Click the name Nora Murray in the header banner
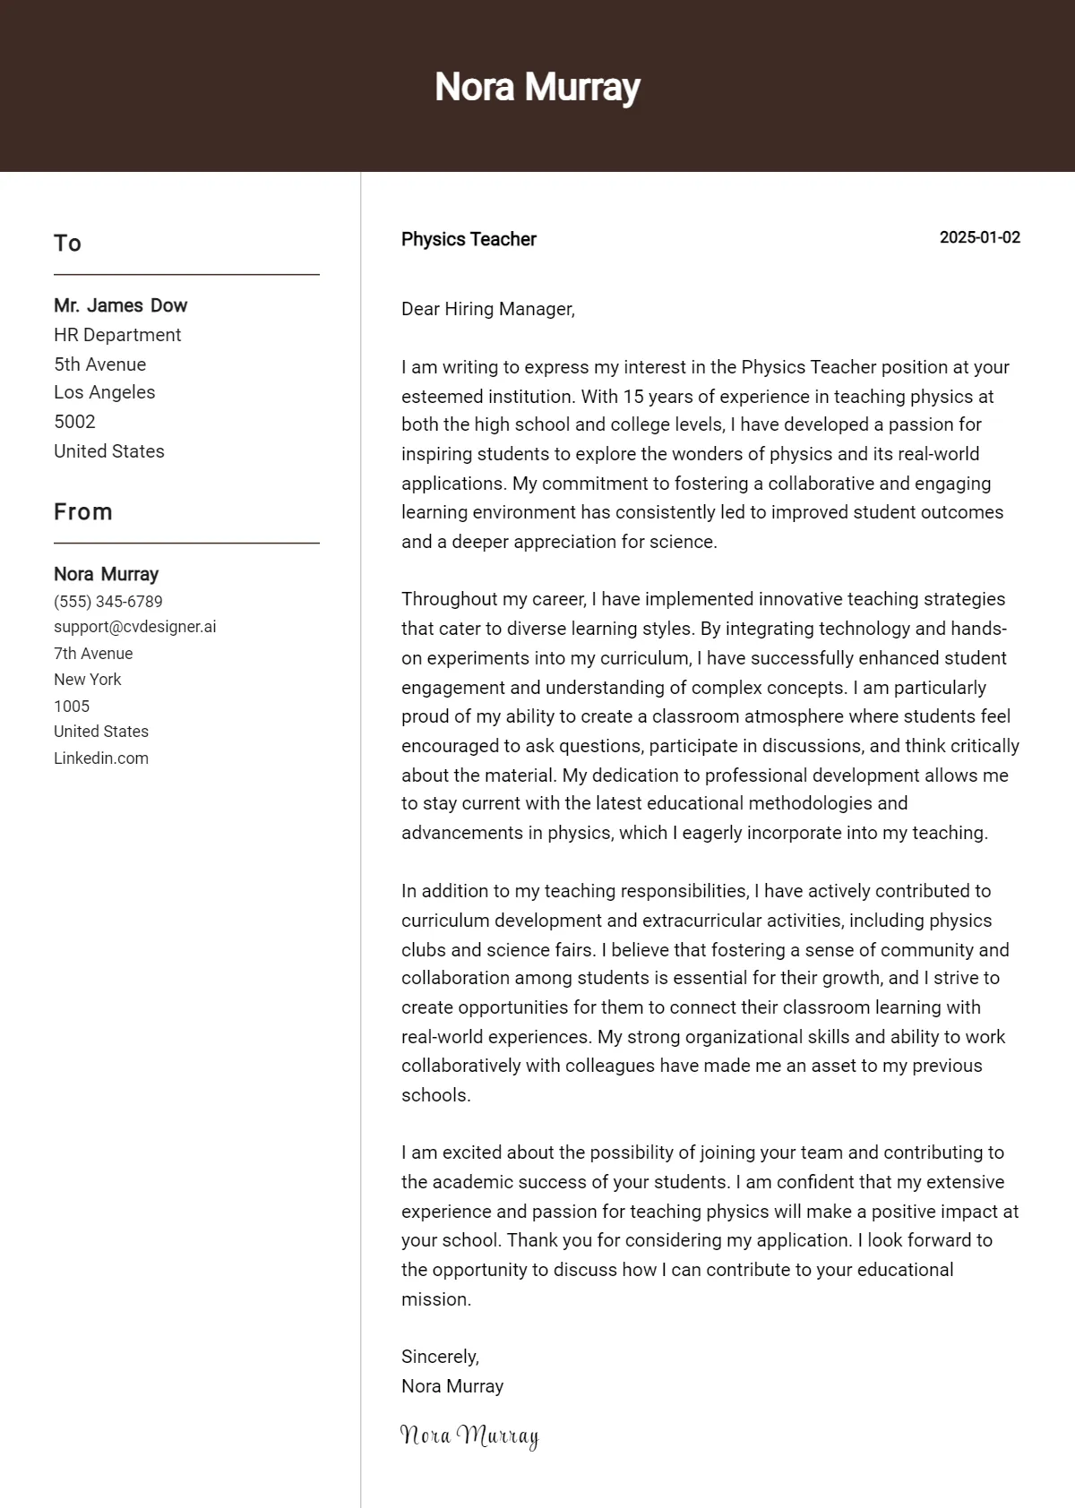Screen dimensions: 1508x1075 (x=537, y=87)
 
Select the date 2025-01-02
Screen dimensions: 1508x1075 (x=979, y=237)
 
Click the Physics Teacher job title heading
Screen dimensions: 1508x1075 (x=469, y=239)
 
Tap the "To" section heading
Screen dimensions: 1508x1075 (x=67, y=244)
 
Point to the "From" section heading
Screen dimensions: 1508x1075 (x=83, y=512)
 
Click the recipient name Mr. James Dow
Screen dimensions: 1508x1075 (x=120, y=305)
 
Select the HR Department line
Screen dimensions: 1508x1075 (x=117, y=335)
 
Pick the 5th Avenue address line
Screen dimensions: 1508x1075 (x=99, y=364)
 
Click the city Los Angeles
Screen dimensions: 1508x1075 (x=104, y=392)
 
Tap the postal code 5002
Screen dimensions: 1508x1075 (x=74, y=422)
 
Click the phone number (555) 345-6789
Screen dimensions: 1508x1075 (x=108, y=602)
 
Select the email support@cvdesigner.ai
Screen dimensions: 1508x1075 (x=134, y=627)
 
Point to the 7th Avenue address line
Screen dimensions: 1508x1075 (x=93, y=654)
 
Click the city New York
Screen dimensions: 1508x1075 (x=87, y=680)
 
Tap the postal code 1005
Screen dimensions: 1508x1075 (x=72, y=706)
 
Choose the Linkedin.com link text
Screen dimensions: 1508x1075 (x=101, y=758)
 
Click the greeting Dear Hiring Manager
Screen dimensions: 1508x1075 (x=487, y=309)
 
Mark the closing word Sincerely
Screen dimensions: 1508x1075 (x=440, y=1357)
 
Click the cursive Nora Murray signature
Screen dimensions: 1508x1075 (x=469, y=1435)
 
